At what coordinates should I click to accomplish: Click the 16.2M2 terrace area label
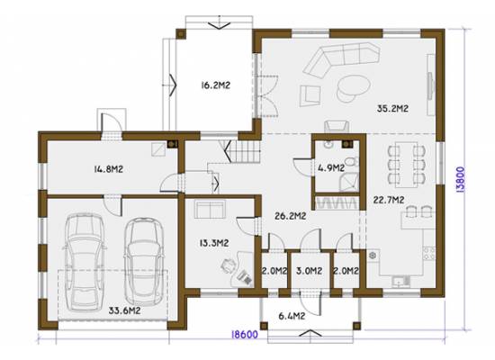click(x=216, y=85)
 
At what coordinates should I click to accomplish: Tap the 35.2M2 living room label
click(x=392, y=109)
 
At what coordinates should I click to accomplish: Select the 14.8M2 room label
click(x=108, y=169)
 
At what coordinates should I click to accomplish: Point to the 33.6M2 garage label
click(x=124, y=310)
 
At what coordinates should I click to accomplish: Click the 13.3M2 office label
click(x=214, y=243)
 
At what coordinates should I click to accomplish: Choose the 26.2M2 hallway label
click(x=290, y=216)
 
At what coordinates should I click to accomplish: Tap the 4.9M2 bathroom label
click(x=331, y=168)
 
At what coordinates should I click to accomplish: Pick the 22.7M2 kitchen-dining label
click(x=389, y=200)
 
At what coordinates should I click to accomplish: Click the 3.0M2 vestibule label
click(x=310, y=271)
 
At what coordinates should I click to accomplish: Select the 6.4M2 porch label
click(x=292, y=316)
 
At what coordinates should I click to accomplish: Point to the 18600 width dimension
click(x=245, y=335)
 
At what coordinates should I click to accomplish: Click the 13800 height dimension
click(x=461, y=179)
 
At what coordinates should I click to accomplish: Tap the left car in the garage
click(x=85, y=262)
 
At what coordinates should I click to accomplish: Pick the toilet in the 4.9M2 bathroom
click(x=351, y=162)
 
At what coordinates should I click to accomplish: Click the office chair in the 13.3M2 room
click(x=229, y=265)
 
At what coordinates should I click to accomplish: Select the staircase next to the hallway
click(x=243, y=150)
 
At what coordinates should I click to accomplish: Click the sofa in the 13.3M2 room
click(x=210, y=210)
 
